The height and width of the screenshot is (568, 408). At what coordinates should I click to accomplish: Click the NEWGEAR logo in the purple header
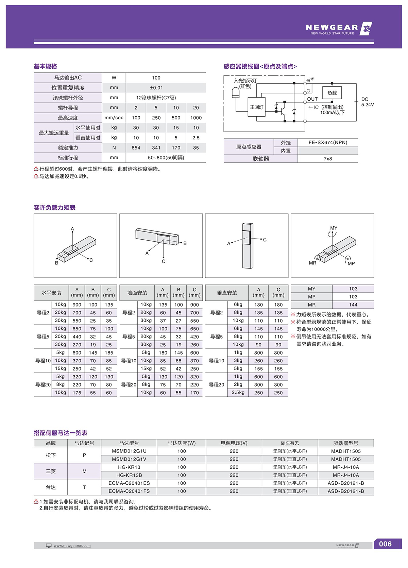(x=338, y=29)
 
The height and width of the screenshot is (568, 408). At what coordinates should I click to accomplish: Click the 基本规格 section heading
(x=45, y=66)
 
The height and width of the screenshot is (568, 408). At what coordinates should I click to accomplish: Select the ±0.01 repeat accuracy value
(x=156, y=88)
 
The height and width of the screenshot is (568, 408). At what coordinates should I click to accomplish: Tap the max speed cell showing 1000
(x=196, y=118)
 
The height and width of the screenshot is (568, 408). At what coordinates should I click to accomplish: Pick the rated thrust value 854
(x=136, y=148)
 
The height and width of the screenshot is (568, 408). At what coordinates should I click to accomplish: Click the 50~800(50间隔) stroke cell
(x=166, y=158)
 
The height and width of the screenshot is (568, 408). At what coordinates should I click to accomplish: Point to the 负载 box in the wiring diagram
(x=332, y=93)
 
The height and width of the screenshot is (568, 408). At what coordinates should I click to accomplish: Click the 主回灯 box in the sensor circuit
(x=256, y=107)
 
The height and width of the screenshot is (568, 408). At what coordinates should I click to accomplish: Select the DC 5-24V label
(x=367, y=102)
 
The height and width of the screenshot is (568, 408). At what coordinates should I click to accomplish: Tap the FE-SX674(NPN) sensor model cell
(x=328, y=142)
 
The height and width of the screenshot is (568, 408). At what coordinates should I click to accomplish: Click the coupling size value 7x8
(x=328, y=159)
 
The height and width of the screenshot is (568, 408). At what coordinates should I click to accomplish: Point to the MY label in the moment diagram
(x=334, y=228)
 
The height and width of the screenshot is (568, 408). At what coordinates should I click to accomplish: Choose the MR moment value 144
(x=353, y=305)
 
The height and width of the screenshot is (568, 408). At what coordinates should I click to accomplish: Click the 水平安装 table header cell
(x=51, y=293)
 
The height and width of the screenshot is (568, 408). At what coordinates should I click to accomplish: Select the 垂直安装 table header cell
(x=227, y=293)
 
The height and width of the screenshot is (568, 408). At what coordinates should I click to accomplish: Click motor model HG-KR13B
(x=129, y=475)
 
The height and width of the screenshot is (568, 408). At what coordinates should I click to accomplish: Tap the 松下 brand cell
(x=51, y=455)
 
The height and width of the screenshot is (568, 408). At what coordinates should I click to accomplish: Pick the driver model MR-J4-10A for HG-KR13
(x=345, y=467)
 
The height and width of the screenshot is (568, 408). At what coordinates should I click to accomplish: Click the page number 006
(x=385, y=544)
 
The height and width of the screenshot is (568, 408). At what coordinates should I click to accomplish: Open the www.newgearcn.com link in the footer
(x=72, y=546)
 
